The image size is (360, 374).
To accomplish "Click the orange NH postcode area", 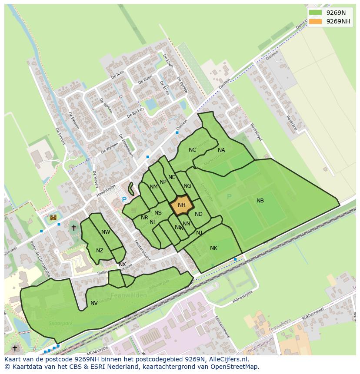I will [x=181, y=205].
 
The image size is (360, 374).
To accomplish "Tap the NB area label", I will [x=260, y=201].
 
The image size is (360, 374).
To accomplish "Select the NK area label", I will [x=213, y=248].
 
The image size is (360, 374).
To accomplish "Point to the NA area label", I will [x=221, y=150].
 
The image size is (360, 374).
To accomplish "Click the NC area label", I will [x=192, y=150].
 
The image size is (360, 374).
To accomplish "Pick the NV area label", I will [x=94, y=303].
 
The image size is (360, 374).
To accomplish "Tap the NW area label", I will [x=106, y=232].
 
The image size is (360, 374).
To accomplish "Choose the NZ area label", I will [x=100, y=251].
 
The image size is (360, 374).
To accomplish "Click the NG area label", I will [x=187, y=186].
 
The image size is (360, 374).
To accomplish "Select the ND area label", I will [x=199, y=214].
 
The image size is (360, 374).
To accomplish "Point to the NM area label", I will [x=153, y=187].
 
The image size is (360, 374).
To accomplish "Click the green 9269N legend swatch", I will [x=315, y=13].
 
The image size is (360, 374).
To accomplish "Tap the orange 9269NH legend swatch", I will [x=315, y=21].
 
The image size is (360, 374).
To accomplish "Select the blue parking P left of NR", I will [x=124, y=200].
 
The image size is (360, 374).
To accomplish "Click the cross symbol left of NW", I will [x=73, y=227].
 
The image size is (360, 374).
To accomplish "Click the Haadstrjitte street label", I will [x=106, y=191].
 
